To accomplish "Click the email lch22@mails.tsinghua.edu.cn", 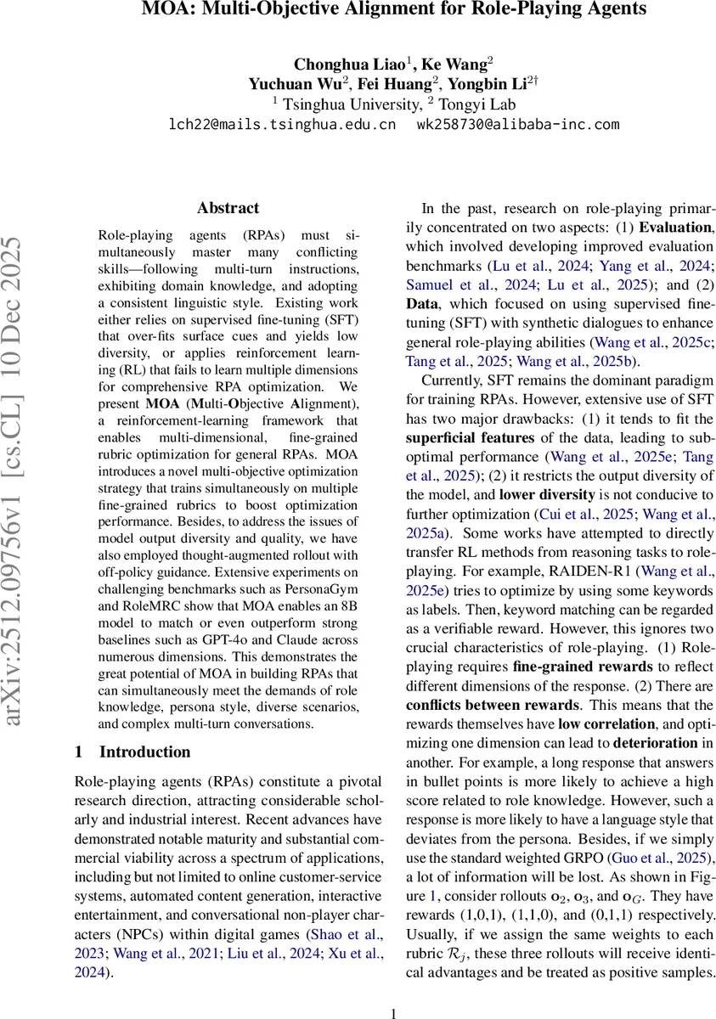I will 284,124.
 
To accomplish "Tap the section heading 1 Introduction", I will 133,752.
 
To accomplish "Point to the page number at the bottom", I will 393,1013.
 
